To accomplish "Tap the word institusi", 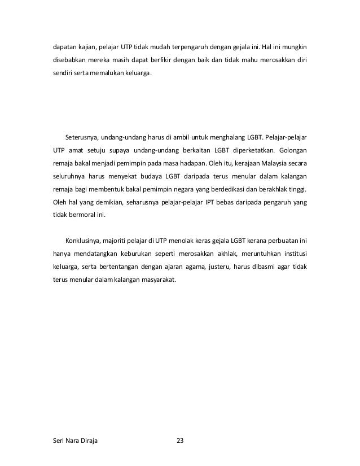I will pos(293,254).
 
